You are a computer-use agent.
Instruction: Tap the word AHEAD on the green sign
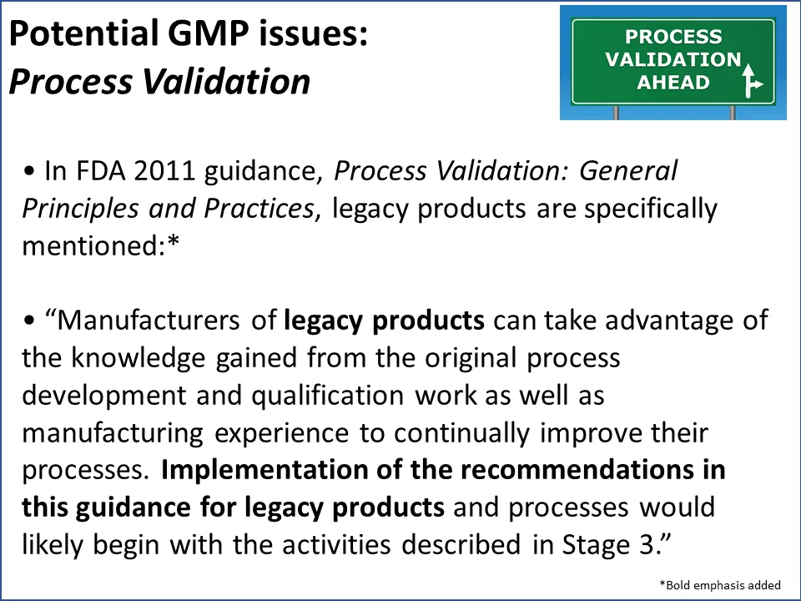coord(673,82)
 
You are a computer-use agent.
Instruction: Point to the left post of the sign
coord(617,111)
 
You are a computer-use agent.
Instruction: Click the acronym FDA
coord(98,173)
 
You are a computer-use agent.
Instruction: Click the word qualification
coord(296,395)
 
